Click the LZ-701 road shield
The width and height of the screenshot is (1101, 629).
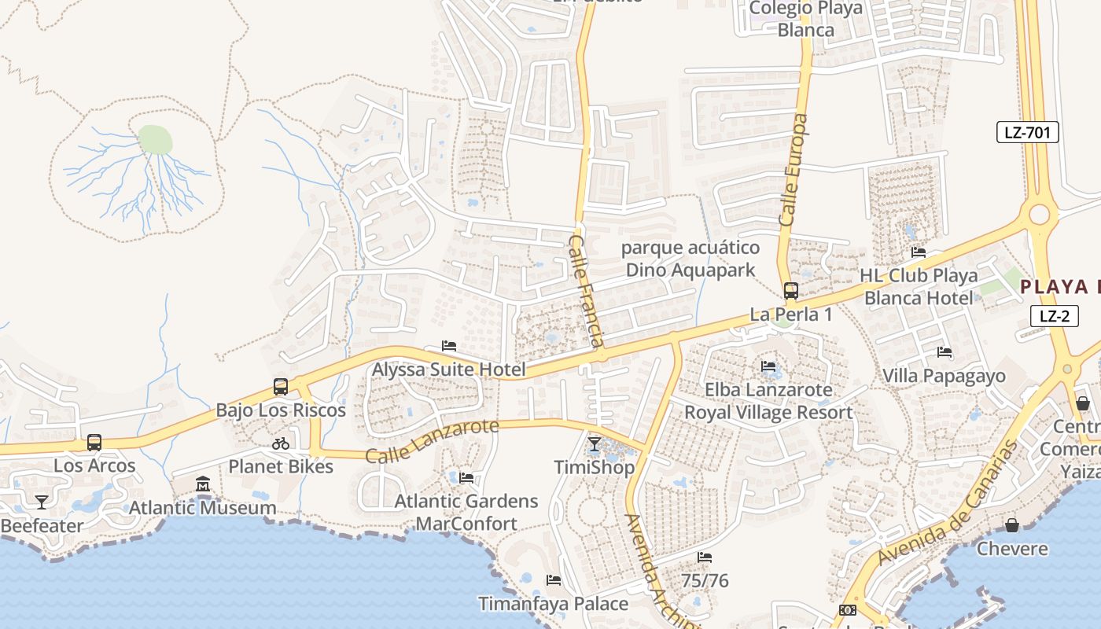point(1027,132)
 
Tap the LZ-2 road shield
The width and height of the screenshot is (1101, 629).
point(1054,316)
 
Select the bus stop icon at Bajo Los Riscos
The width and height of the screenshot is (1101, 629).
point(281,387)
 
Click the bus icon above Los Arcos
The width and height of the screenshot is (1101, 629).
point(94,442)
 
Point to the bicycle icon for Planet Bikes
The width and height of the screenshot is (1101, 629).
point(281,443)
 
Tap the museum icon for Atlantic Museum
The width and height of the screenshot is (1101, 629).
point(203,484)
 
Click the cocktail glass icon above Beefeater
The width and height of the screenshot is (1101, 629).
point(41,502)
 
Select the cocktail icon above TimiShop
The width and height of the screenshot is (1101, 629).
point(595,444)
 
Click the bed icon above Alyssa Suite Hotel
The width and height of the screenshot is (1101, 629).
point(449,346)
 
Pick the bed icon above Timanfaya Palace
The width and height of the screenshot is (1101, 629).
point(554,580)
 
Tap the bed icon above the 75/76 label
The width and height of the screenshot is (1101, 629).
point(705,557)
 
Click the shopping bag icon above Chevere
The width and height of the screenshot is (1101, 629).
point(1012,524)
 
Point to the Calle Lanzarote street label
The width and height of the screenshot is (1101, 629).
point(433,441)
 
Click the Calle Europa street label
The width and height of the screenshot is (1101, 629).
point(795,171)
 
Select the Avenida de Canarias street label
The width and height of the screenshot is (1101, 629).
point(948,503)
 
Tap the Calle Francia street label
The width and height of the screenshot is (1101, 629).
point(587,290)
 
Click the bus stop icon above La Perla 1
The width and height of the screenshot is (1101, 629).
point(791,290)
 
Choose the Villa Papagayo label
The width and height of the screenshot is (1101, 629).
point(944,376)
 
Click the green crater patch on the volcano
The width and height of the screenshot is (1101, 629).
point(155,140)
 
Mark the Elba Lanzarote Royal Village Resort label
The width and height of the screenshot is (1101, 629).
point(768,401)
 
